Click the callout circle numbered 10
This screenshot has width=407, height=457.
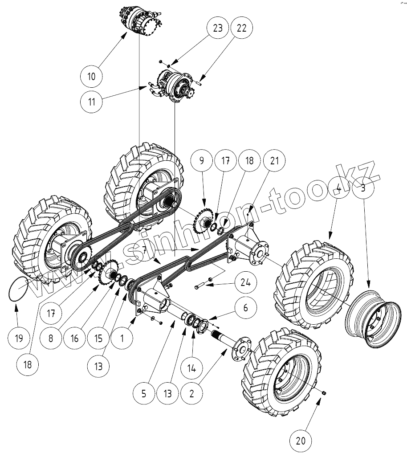(x=91, y=77)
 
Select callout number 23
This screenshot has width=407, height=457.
(x=217, y=28)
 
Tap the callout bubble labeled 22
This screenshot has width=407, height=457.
(x=241, y=28)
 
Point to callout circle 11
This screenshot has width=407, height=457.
(x=91, y=101)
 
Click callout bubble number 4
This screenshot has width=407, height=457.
(x=338, y=188)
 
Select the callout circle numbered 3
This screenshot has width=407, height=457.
(x=363, y=188)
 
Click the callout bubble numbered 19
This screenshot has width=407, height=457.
(x=19, y=339)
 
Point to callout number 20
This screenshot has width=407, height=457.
(x=301, y=441)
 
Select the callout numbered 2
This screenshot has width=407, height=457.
(x=191, y=393)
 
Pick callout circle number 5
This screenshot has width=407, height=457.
(x=144, y=393)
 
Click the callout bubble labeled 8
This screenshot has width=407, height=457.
(x=50, y=339)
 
